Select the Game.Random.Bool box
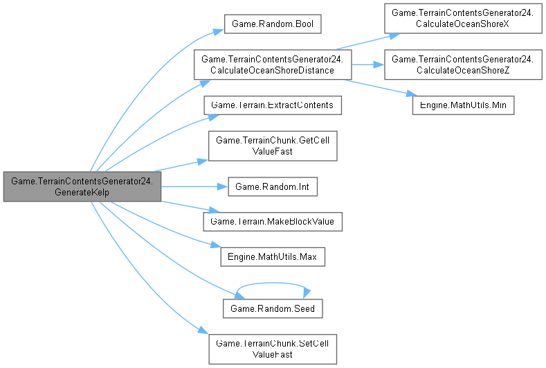[273, 24]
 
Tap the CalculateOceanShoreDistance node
[273, 64]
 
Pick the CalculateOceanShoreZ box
[464, 64]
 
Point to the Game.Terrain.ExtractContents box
[273, 105]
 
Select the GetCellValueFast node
[273, 146]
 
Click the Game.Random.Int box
[273, 187]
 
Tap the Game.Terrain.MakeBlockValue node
[273, 221]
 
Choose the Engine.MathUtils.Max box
[273, 256]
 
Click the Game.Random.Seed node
[273, 309]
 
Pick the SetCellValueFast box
[273, 349]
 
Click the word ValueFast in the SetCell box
[273, 355]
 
